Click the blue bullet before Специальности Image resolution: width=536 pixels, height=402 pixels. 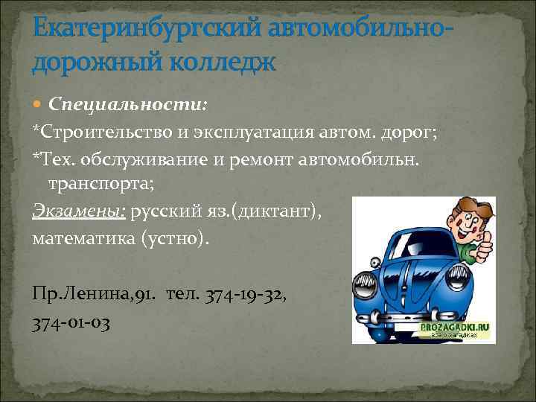38,103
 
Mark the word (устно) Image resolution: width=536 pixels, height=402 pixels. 181,239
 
